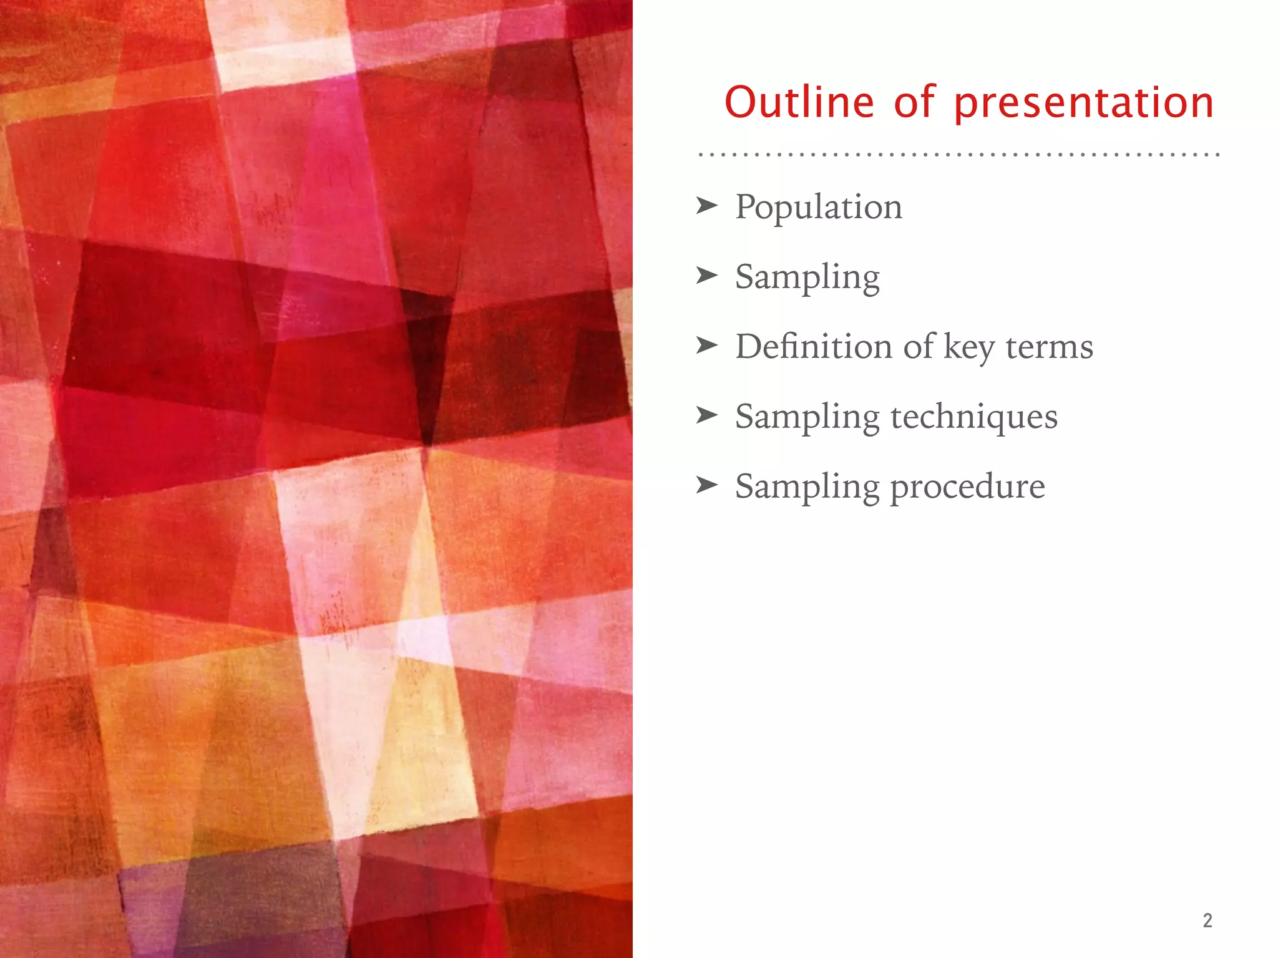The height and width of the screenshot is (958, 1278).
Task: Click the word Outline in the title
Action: [x=799, y=102]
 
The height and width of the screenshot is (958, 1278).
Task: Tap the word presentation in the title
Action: [x=1084, y=104]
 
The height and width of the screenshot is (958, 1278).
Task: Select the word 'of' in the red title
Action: [x=914, y=102]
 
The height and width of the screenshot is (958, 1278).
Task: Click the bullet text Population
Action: [x=819, y=207]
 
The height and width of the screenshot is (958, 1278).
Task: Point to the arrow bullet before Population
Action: [x=707, y=205]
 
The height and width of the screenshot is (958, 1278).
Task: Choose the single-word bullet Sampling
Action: [x=807, y=277]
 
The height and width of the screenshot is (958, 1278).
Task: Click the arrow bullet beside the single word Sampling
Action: [x=707, y=275]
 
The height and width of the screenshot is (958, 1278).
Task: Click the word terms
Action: [x=1050, y=347]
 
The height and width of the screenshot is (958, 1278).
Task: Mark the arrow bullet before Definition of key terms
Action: [x=707, y=345]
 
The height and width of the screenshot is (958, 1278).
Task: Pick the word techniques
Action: [x=974, y=417]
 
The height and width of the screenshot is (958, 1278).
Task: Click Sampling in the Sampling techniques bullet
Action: [x=807, y=417]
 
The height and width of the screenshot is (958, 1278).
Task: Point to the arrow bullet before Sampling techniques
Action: [x=707, y=415]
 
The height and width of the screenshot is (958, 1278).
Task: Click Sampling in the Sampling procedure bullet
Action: [x=807, y=486]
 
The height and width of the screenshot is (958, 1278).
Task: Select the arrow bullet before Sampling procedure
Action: [x=707, y=485]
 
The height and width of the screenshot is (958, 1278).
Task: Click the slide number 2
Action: [x=1207, y=921]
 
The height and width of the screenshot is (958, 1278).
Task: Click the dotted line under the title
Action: [x=958, y=153]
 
